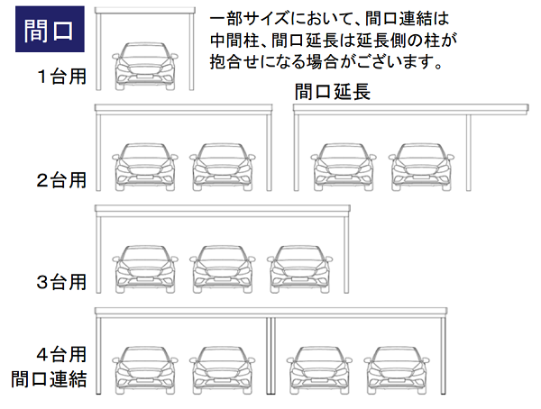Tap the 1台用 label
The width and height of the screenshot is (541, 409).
pos(61,77)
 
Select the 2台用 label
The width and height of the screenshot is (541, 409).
pos(61,179)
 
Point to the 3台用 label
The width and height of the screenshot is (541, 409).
pos(61,282)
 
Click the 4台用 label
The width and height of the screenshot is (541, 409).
pos(61,354)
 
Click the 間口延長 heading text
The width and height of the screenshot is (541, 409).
pos(333,91)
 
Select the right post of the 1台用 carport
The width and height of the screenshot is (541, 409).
pos(192,50)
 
